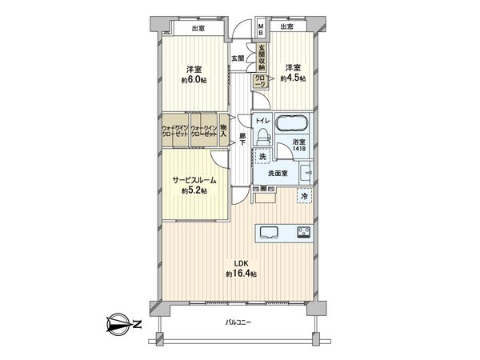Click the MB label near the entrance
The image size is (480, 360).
pos(261,30)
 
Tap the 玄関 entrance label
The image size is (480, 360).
pos(238,58)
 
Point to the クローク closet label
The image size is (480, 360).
pos(261,78)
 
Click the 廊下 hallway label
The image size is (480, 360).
pos(242,138)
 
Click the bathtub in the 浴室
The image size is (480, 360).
pos(292,125)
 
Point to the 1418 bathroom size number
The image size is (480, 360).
pos(297,149)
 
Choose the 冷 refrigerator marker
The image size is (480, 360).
pos(303,195)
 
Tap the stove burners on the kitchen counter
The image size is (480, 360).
pos(304,233)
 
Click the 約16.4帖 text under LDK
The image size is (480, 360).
pos(241,274)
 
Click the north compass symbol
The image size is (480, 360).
pos(120,325)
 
